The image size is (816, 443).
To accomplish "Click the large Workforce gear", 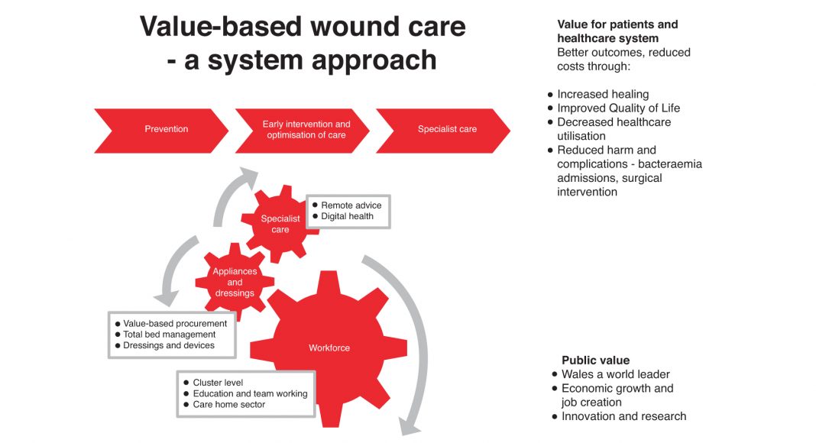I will [329, 348].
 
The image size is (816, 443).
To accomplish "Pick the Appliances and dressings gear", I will [235, 283].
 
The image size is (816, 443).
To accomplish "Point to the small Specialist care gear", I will [280, 224].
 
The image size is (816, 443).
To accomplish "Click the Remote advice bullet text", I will [351, 205].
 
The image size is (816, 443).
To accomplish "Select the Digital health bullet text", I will [347, 216].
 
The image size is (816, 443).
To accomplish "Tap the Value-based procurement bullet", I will [175, 323].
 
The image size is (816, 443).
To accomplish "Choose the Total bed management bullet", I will [169, 335].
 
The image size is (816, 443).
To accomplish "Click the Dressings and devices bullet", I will [168, 345].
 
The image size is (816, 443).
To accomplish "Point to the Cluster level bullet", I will [218, 383].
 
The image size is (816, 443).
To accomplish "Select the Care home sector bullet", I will [228, 404].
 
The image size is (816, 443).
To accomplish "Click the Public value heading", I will [595, 361].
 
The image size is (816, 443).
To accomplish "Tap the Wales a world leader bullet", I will [615, 374].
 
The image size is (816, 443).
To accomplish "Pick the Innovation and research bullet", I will [623, 416].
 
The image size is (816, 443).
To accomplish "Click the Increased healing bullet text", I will [602, 95].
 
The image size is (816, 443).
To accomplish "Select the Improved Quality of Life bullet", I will [618, 108].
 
